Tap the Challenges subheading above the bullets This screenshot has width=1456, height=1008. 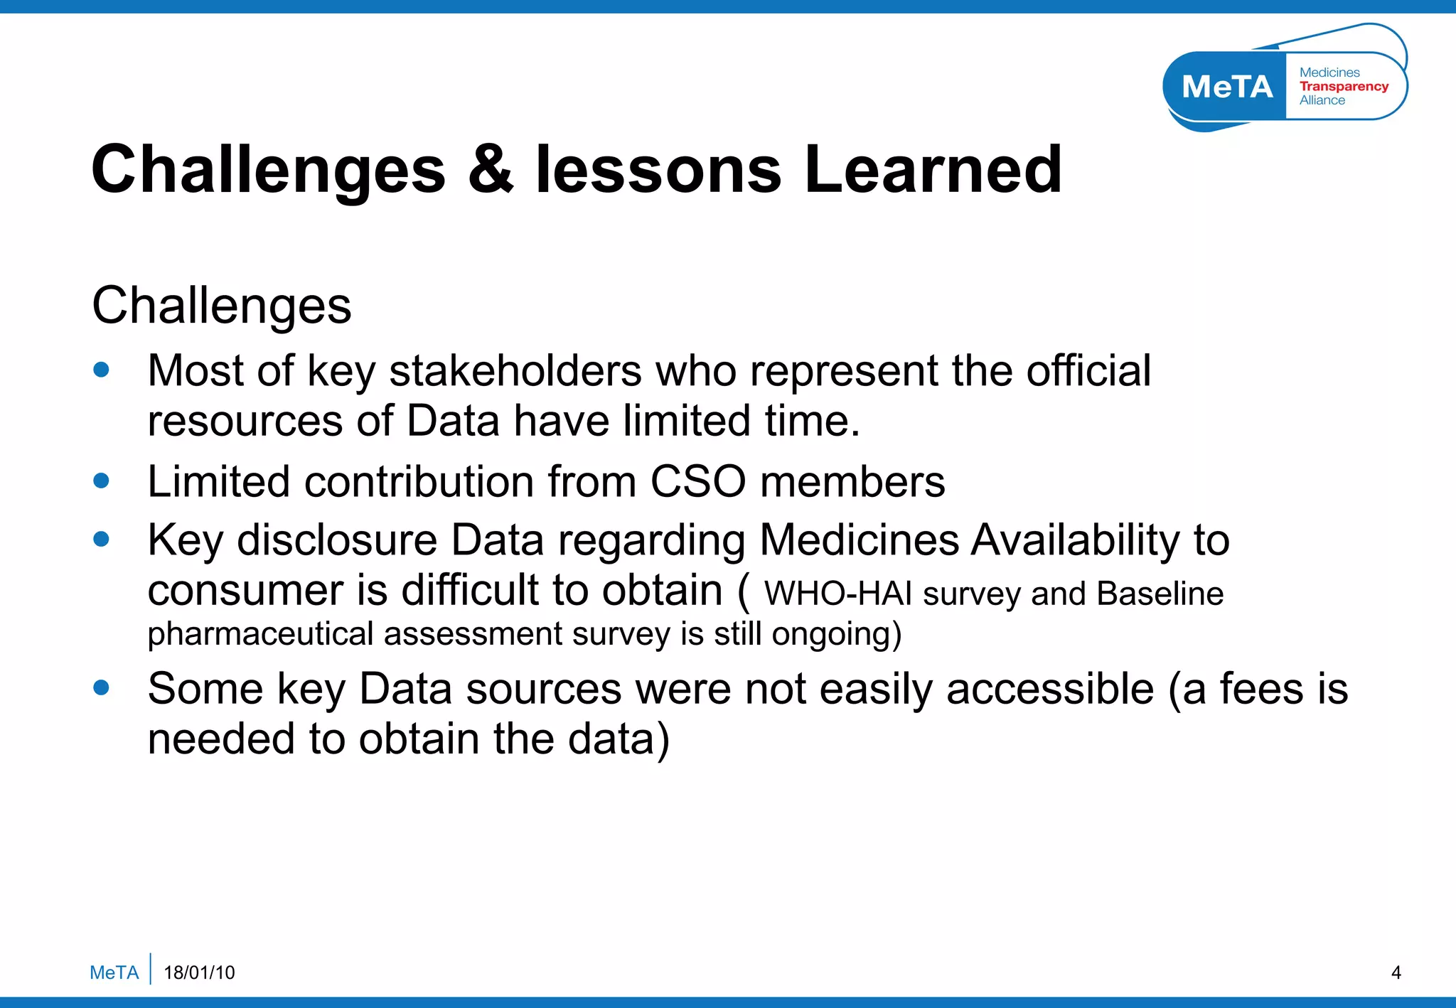[x=222, y=306]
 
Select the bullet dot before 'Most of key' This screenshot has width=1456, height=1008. [x=102, y=370]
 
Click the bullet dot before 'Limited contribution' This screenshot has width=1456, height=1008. [x=102, y=481]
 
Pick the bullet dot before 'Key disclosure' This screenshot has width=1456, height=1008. [x=102, y=539]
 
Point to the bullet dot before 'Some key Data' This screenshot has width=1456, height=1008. [x=102, y=687]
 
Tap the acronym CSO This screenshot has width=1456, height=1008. [x=697, y=482]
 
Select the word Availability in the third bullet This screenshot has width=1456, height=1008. [x=1075, y=540]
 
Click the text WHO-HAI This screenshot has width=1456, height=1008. [x=837, y=594]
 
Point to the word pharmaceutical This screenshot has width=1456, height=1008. [x=259, y=634]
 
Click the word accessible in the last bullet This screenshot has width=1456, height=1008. [x=1049, y=689]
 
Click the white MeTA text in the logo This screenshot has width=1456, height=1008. [x=1227, y=87]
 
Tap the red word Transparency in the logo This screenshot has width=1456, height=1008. [x=1344, y=86]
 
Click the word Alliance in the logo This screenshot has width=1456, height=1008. [x=1322, y=100]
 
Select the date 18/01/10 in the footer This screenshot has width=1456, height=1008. [x=199, y=972]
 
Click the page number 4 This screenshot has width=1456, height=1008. [x=1396, y=972]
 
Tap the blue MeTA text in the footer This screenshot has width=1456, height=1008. [x=114, y=972]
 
